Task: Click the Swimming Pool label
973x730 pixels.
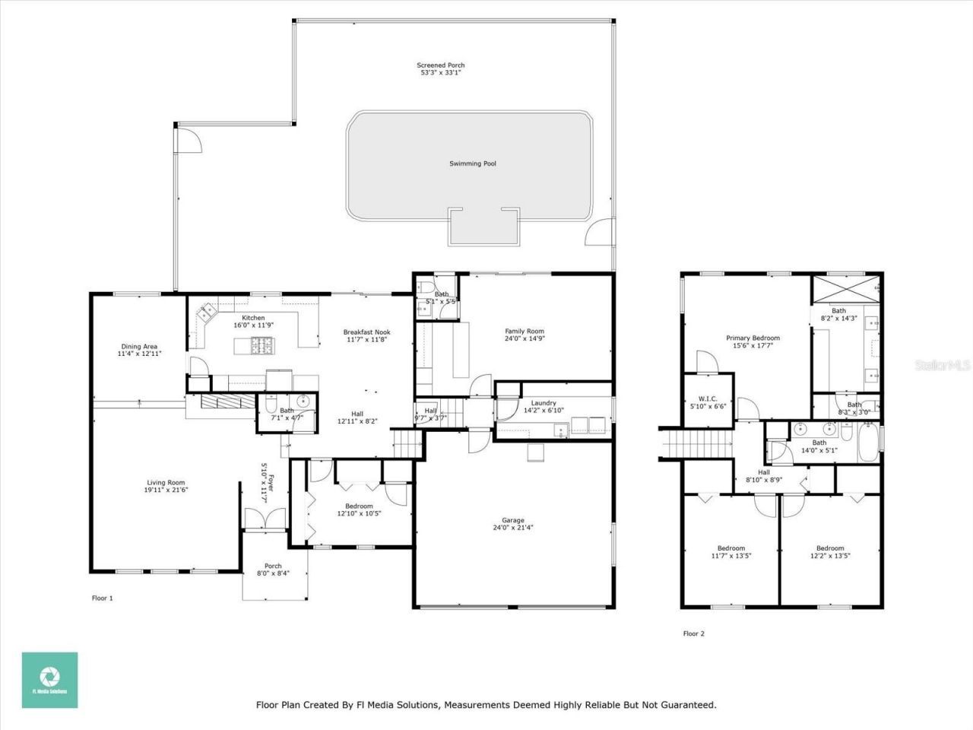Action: [x=472, y=163]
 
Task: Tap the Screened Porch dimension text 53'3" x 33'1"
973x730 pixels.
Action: [x=442, y=73]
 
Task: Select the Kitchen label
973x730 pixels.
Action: [x=253, y=318]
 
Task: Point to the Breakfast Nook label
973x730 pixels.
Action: [x=366, y=332]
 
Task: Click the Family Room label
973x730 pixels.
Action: [x=525, y=332]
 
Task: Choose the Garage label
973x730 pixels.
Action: [x=512, y=520]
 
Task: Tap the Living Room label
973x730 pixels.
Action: [x=166, y=482]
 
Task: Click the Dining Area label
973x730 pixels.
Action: [x=139, y=347]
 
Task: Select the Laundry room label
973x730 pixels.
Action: [x=544, y=403]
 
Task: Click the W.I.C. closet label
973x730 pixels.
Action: [x=708, y=398]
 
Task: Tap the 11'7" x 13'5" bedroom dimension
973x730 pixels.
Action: [x=731, y=556]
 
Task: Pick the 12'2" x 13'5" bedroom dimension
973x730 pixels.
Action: [x=830, y=556]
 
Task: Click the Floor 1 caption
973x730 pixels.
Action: [x=102, y=598]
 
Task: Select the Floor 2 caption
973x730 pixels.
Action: [x=693, y=633]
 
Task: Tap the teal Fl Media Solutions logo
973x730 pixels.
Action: [x=49, y=680]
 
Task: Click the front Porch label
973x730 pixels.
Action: [x=273, y=566]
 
